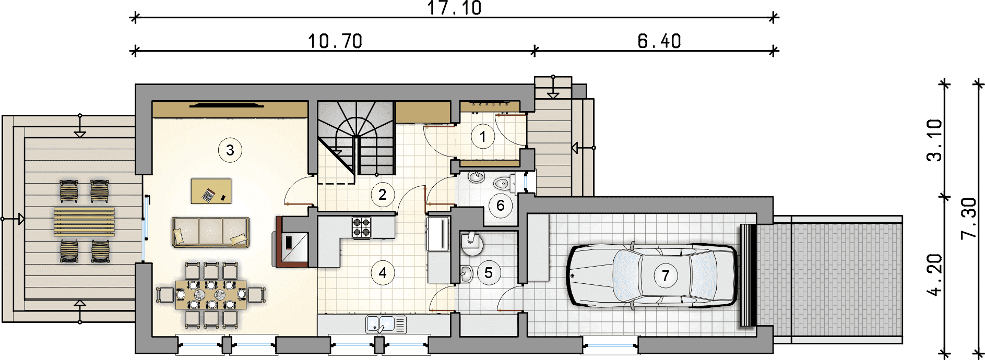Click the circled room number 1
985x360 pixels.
(483, 137)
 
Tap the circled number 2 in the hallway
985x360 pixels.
(383, 195)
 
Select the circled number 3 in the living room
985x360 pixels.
(230, 150)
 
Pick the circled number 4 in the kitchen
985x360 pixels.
(383, 272)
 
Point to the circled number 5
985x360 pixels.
(489, 272)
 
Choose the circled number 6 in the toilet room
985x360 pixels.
(501, 206)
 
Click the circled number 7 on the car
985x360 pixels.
(666, 275)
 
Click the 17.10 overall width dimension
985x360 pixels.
(455, 8)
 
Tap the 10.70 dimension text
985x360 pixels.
(335, 41)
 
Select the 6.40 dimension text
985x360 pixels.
(659, 41)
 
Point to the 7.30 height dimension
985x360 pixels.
(969, 218)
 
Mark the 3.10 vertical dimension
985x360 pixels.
(934, 140)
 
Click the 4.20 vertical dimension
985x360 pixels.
(934, 274)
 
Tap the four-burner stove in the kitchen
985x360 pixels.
(362, 227)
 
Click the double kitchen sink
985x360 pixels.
(386, 324)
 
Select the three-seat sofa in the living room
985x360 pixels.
(210, 232)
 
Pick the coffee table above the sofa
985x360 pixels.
(211, 191)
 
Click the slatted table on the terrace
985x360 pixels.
(84, 222)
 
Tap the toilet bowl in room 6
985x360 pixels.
(502, 184)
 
